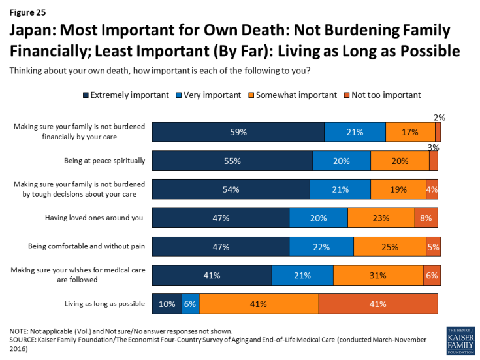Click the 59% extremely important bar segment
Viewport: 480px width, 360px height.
coord(238,132)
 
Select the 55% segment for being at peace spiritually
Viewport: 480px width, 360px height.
coord(232,161)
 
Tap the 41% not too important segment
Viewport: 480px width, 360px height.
coord(378,304)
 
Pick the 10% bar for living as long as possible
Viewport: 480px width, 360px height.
coord(167,304)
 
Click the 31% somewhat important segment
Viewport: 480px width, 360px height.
coord(378,275)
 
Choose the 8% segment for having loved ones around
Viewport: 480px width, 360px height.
coord(426,218)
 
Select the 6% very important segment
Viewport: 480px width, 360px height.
coord(191,304)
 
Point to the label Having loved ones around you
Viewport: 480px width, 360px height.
coord(95,218)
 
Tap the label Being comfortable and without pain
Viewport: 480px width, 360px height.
coord(86,247)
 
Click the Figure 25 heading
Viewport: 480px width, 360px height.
coord(29,10)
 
